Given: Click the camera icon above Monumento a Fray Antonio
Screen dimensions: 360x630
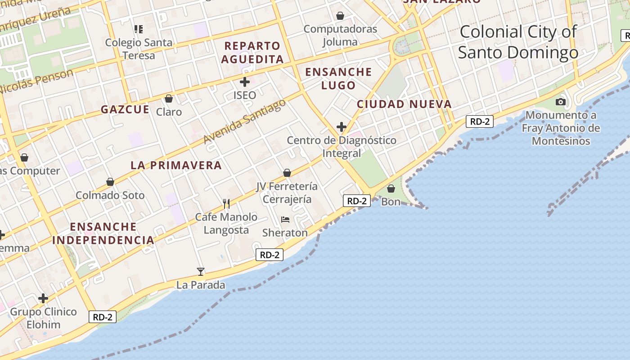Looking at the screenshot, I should [560, 102].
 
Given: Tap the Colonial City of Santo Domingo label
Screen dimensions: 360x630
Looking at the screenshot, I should [517, 42].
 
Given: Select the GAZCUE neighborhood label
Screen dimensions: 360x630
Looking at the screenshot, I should [125, 109].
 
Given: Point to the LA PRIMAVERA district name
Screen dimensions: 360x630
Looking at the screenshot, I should [176, 165].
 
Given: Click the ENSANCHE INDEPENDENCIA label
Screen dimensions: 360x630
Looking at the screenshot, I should [103, 233].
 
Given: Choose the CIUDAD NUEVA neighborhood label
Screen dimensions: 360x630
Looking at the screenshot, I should [404, 104].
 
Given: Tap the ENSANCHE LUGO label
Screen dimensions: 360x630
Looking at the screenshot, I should [338, 78].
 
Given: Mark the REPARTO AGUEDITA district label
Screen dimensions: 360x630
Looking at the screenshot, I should [252, 52].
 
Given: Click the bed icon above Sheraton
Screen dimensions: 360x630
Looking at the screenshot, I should [285, 220].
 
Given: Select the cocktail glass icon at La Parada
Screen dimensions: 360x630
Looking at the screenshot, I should [201, 272].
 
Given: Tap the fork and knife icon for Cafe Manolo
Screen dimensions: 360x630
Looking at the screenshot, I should [226, 204].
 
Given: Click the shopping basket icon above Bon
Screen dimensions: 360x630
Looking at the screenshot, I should [391, 189].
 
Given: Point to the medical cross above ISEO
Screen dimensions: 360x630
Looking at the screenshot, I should [245, 82].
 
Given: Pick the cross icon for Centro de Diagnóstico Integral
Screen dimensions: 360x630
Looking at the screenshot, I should [342, 127].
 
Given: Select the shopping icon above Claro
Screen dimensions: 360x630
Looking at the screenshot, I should [169, 98].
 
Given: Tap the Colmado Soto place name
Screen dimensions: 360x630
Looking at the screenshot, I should [110, 195].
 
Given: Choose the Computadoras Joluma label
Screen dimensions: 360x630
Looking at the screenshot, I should [340, 36].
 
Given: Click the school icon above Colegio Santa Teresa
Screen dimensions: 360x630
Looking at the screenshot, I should [139, 29].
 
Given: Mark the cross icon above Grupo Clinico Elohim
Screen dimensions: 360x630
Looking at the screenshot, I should [43, 298].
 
